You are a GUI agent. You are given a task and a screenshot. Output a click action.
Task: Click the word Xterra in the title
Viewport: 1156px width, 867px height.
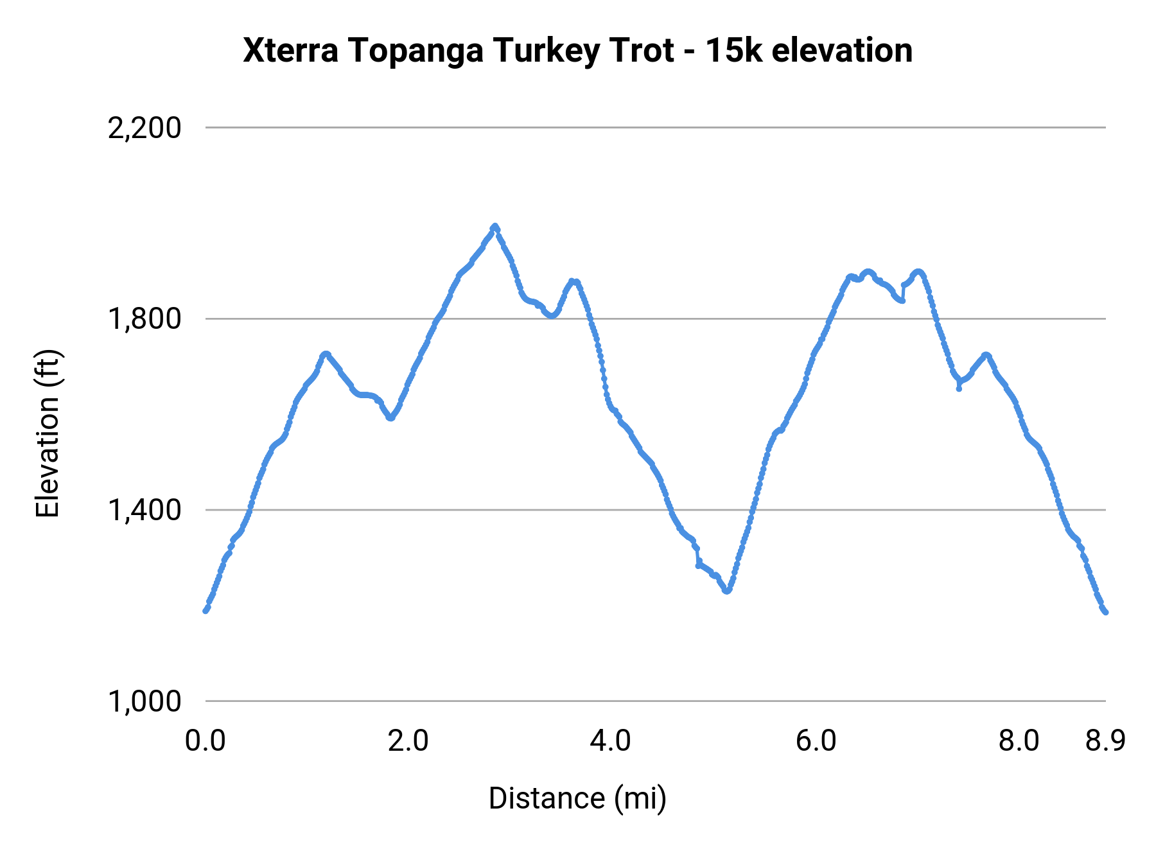pos(290,51)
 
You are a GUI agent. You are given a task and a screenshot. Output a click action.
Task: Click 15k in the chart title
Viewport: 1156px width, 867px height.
pos(734,51)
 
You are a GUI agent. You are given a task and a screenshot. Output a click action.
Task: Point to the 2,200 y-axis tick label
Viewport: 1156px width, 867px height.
pos(144,128)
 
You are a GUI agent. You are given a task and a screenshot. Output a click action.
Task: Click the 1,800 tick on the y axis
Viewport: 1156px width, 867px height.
pos(144,319)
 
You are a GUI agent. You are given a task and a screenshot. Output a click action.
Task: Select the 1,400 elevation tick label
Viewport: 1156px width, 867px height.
pos(144,510)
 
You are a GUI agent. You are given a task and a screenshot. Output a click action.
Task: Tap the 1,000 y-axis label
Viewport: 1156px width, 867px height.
pos(144,701)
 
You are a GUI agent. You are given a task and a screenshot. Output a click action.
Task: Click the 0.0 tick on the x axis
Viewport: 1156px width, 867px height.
pos(206,741)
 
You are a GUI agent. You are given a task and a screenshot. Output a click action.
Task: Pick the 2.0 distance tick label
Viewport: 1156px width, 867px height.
pos(408,741)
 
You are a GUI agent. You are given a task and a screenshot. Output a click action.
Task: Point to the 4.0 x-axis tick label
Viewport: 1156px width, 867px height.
pos(611,741)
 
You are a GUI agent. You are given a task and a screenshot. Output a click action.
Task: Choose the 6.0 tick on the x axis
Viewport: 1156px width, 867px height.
pos(816,741)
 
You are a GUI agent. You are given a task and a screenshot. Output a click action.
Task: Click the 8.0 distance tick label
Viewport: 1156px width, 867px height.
pos(1019,741)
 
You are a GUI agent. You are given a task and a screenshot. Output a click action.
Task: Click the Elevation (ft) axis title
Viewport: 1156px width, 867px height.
pos(48,433)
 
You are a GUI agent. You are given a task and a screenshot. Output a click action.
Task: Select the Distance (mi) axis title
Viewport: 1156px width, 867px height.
pos(577,798)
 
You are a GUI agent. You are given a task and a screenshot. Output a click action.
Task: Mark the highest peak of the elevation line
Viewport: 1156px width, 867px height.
pos(495,226)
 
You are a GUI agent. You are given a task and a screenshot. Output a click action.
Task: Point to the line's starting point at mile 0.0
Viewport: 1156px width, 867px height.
pos(206,611)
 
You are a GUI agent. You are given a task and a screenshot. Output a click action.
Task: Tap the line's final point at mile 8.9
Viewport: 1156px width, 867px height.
pos(1106,612)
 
